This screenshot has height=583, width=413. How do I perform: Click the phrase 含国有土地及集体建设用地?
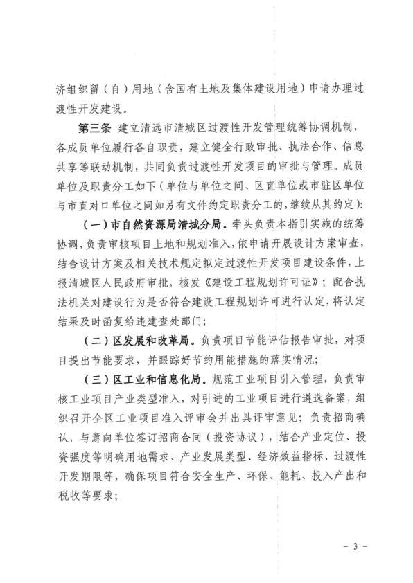click(x=211, y=91)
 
